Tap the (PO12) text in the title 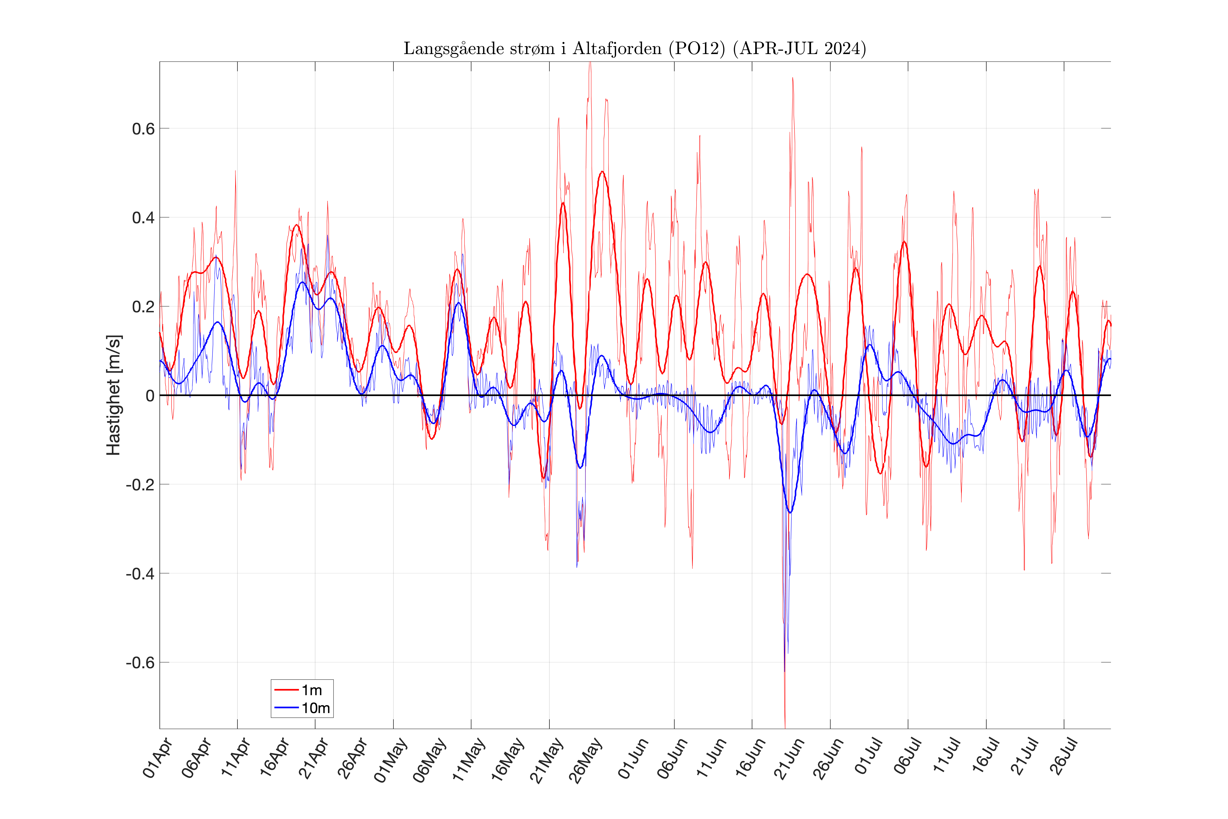click(697, 49)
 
